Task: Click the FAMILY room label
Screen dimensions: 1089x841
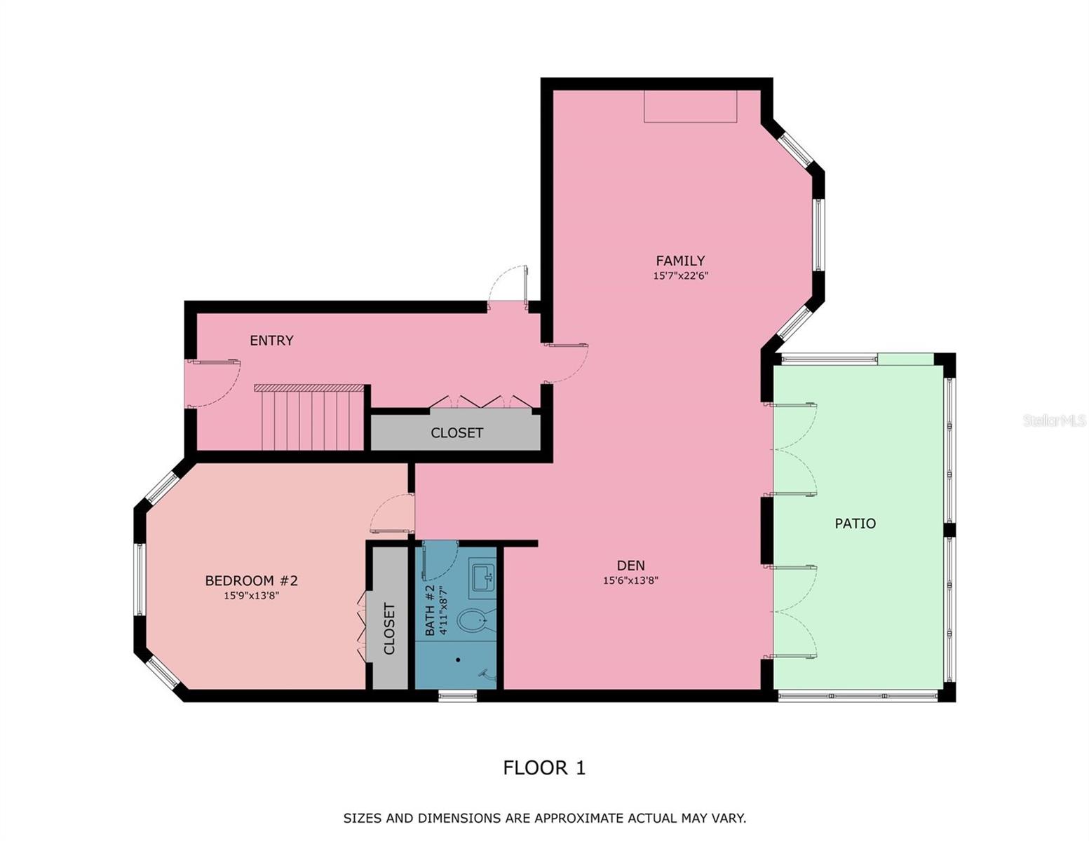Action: click(x=680, y=261)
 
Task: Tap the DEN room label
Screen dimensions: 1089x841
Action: click(x=630, y=566)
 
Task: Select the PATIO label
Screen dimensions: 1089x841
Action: click(x=855, y=524)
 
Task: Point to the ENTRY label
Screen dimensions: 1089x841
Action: click(x=271, y=341)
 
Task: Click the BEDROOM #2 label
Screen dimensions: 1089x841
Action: click(x=252, y=580)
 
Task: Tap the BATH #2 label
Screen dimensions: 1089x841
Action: click(x=430, y=610)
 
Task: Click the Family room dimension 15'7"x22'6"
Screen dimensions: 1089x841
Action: click(x=680, y=275)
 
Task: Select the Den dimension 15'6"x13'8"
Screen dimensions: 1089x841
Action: click(x=630, y=580)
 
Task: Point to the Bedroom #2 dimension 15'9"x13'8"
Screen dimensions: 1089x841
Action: click(x=252, y=596)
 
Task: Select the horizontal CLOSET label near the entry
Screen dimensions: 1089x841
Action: click(x=456, y=433)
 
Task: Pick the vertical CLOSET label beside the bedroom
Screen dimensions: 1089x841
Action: click(x=389, y=628)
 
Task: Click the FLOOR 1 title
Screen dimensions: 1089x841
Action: click(x=544, y=768)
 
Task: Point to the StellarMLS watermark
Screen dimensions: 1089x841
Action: click(x=1055, y=420)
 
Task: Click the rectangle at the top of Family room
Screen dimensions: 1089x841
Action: click(x=690, y=107)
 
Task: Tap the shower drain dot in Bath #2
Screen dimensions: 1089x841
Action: click(x=458, y=660)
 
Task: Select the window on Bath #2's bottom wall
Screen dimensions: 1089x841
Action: click(x=458, y=695)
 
